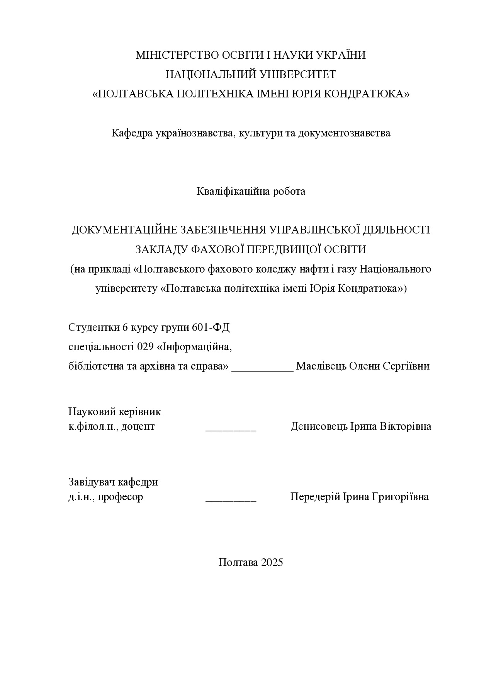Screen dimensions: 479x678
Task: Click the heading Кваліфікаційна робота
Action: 251,191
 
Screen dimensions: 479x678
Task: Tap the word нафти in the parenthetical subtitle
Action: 307,269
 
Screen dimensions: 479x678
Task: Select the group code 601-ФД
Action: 211,328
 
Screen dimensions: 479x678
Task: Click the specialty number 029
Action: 145,347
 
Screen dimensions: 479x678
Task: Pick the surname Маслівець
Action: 321,366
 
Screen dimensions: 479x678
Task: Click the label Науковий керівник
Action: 114,412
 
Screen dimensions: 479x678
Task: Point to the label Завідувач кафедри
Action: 113,482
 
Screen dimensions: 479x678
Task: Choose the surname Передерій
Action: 315,497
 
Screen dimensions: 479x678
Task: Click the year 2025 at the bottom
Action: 272,562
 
